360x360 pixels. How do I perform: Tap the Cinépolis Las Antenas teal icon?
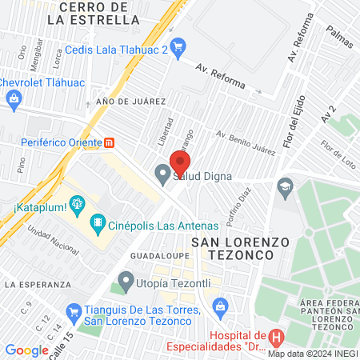pos(97,221)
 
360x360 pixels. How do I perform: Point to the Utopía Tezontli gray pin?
pos(125,280)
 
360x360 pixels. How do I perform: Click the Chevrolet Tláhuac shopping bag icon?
pos(13,99)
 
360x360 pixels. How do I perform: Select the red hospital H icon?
pos(277,339)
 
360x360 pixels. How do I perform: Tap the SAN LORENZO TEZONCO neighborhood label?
pos(232,247)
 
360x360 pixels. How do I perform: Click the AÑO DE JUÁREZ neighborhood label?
pos(130,102)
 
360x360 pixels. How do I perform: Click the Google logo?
pos(26,350)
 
